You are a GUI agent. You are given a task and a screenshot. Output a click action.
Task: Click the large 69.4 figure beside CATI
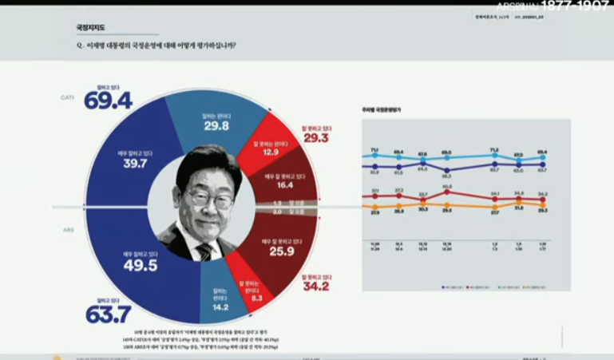click(108, 101)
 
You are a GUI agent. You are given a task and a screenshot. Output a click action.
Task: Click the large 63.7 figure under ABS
click(108, 315)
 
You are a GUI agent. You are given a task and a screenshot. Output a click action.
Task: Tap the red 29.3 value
click(315, 137)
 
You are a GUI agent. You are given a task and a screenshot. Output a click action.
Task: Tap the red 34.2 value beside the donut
click(315, 286)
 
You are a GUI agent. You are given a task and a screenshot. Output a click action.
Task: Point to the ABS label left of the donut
click(68, 229)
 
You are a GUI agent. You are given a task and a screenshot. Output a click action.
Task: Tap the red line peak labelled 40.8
click(446, 192)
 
